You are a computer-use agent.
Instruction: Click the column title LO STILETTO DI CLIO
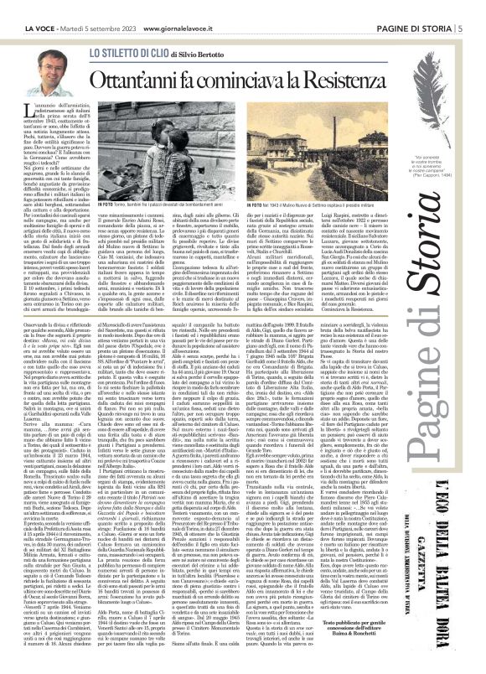pos(127,52)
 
